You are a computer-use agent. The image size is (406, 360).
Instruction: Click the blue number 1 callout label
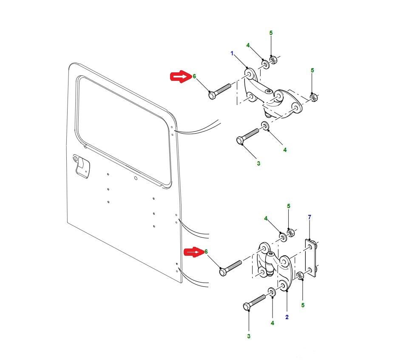click(232, 53)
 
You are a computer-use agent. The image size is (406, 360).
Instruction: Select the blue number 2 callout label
click(287, 317)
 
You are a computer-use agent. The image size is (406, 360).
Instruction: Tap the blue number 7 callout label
click(309, 217)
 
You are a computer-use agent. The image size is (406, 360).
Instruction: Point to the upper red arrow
click(181, 77)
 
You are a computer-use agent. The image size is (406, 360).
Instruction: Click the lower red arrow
click(193, 252)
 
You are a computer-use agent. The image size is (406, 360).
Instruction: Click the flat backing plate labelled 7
click(311, 258)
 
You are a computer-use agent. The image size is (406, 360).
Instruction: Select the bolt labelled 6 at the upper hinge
click(219, 91)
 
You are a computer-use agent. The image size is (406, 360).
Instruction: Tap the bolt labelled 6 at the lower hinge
click(230, 268)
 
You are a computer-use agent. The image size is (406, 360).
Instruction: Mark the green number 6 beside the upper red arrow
click(194, 76)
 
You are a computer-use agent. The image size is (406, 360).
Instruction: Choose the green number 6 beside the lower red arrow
click(206, 251)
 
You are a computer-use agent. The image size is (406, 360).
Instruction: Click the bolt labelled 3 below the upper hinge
click(247, 136)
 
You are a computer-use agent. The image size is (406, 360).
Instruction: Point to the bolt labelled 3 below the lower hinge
click(255, 303)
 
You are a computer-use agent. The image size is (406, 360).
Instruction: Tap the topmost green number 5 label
click(271, 33)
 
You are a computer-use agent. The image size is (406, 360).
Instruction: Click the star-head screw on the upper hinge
click(269, 91)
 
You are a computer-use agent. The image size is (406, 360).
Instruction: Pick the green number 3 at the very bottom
click(249, 336)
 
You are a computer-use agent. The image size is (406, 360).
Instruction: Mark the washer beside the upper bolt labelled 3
click(265, 126)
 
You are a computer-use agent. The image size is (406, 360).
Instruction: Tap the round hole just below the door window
click(136, 178)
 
